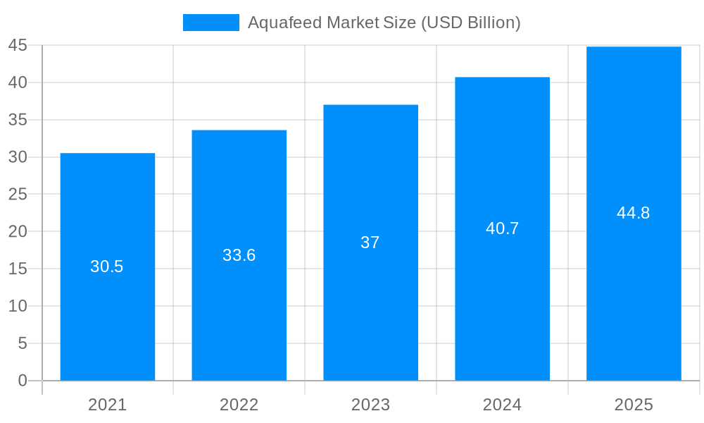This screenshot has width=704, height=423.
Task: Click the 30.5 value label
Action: point(107,266)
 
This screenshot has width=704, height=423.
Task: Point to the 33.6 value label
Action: point(239,255)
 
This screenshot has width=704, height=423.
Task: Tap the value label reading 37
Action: point(370,243)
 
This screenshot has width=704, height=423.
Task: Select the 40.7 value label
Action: point(502,228)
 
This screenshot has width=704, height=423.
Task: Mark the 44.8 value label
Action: point(634,213)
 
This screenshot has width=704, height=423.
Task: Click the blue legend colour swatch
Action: point(211,23)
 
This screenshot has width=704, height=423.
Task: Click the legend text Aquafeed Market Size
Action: point(384,23)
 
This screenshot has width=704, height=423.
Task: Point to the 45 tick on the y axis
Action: point(18,46)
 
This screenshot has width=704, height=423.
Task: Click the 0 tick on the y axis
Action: point(23,381)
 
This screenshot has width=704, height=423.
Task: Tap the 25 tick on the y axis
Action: point(18,195)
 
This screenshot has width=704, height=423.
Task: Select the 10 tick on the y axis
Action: point(18,306)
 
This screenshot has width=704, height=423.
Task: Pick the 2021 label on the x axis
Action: point(108,405)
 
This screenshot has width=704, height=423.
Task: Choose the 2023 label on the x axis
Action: point(370,405)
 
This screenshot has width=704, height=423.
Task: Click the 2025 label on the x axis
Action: point(634,405)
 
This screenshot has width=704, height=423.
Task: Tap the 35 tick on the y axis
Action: point(18,120)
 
